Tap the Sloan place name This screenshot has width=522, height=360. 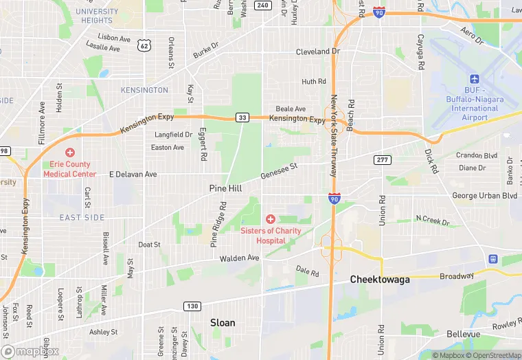pyautogui.click(x=222, y=322)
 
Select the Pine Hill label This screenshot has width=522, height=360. pyautogui.click(x=226, y=188)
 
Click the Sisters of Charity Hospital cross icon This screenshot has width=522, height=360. pyautogui.click(x=271, y=218)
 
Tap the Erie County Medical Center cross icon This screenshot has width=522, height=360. pyautogui.click(x=69, y=153)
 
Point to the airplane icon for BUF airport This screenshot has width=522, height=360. pyautogui.click(x=475, y=80)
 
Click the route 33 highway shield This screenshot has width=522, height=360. pyautogui.click(x=242, y=117)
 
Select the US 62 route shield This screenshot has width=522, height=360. pyautogui.click(x=144, y=45)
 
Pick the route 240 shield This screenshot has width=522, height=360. pyautogui.click(x=262, y=5)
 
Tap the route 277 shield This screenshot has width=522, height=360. pyautogui.click(x=383, y=160)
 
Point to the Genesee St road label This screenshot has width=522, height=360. pyautogui.click(x=279, y=171)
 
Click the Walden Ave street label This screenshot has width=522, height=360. pyautogui.click(x=239, y=258)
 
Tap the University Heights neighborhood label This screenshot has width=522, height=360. pyautogui.click(x=97, y=16)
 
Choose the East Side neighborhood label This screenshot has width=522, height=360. pyautogui.click(x=82, y=218)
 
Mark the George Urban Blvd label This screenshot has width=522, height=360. pyautogui.click(x=484, y=196)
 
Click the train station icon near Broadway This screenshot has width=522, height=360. pyautogui.click(x=493, y=259)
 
